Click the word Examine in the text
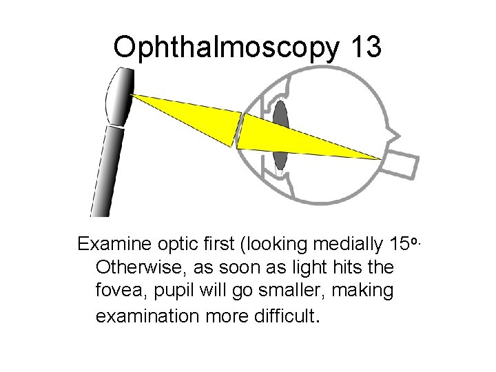tap(112, 245)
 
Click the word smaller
tap(289, 291)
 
